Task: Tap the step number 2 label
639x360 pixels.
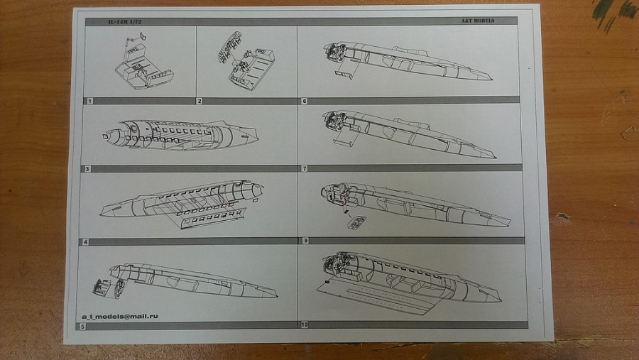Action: coord(200,101)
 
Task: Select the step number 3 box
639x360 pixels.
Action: coord(86,169)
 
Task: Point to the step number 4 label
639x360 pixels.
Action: coord(85,242)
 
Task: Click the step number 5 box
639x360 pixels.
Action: coord(82,326)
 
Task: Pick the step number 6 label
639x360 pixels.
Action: coord(305,101)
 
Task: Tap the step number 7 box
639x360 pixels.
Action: coord(305,169)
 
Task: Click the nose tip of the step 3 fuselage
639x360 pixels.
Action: coord(105,134)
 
